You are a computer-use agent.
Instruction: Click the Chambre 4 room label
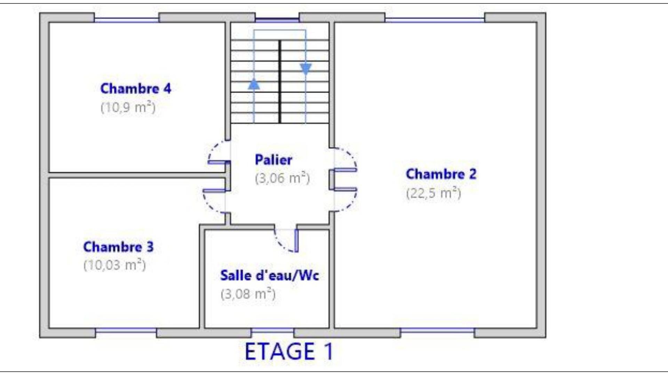[136, 88]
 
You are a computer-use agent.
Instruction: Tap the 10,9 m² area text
[128, 107]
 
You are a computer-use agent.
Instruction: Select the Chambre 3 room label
[118, 247]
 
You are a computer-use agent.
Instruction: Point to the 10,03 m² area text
[114, 265]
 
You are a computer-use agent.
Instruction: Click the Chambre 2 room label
[441, 174]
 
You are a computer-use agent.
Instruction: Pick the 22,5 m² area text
[434, 193]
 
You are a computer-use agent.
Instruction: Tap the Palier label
[273, 160]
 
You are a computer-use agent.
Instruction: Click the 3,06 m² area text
[282, 178]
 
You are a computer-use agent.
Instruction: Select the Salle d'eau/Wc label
[270, 275]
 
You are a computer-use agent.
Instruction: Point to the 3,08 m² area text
[248, 294]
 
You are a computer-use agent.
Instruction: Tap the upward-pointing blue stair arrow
[254, 84]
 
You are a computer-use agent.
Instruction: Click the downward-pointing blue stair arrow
[306, 69]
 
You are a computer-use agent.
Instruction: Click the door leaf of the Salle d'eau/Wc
[296, 240]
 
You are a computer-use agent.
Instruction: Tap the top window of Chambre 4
[127, 20]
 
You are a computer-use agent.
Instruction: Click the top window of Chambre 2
[435, 20]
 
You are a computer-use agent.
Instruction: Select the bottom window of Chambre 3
[126, 330]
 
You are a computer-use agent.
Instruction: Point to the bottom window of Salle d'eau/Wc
[273, 330]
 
